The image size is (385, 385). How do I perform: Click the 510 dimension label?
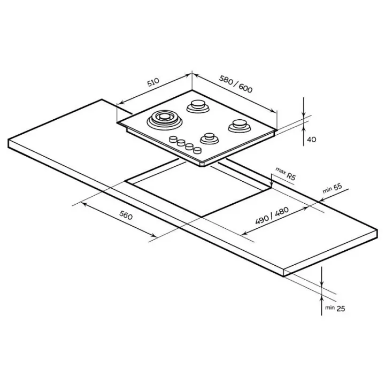153,82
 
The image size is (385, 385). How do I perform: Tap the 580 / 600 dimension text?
236,84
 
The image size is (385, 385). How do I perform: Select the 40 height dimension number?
312,140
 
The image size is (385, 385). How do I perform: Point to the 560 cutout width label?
126,215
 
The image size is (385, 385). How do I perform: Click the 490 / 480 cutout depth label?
272,216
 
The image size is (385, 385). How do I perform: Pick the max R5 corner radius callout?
286,173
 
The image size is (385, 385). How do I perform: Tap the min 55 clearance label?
332,188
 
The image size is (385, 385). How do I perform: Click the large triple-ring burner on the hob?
165,120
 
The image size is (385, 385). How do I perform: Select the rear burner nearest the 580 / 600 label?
198,106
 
